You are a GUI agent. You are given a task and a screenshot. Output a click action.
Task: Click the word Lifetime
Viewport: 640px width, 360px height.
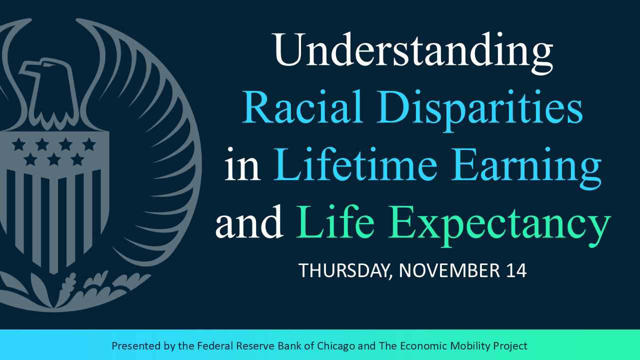pyautogui.click(x=355, y=164)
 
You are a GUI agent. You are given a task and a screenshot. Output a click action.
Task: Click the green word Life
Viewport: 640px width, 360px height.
pyautogui.click(x=335, y=221)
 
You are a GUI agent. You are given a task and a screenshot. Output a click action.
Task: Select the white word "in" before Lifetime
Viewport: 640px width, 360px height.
pyautogui.click(x=242, y=164)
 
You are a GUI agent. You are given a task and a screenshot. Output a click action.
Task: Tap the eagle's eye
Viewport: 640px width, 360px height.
pyautogui.click(x=47, y=65)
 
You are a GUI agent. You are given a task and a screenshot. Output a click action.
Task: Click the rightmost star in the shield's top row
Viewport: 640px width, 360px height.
pyautogui.click(x=89, y=144)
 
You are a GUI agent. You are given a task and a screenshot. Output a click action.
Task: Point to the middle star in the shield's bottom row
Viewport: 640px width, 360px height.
pyautogui.click(x=53, y=159)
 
